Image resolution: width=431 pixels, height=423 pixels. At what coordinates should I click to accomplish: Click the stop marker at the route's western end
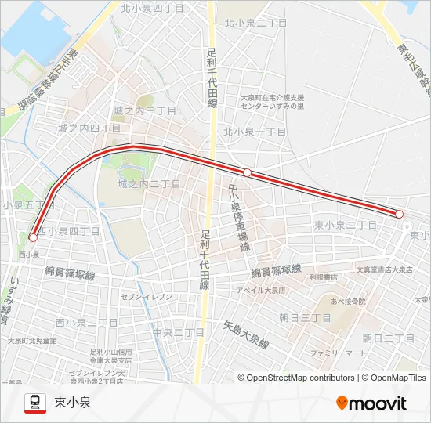(33, 237)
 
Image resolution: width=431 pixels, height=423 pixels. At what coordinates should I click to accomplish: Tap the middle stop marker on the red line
(247, 172)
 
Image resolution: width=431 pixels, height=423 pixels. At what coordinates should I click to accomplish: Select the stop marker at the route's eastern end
(399, 214)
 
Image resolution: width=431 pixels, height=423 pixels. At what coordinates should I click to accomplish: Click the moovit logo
(371, 403)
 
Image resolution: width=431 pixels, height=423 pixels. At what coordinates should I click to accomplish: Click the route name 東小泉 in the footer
(73, 403)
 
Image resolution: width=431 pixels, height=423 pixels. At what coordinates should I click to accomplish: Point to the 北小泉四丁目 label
(152, 7)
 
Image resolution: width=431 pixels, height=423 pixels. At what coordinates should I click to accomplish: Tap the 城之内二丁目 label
(148, 183)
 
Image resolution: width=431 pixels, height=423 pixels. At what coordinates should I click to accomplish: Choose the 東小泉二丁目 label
(345, 225)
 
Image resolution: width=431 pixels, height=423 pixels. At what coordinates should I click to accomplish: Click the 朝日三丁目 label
(306, 318)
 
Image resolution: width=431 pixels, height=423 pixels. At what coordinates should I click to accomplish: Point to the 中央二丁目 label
(179, 332)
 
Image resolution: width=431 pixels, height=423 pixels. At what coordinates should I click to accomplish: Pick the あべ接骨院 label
(348, 302)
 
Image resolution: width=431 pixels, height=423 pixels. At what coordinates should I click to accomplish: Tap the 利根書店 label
(322, 277)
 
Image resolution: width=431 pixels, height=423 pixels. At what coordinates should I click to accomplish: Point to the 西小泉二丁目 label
(86, 323)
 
